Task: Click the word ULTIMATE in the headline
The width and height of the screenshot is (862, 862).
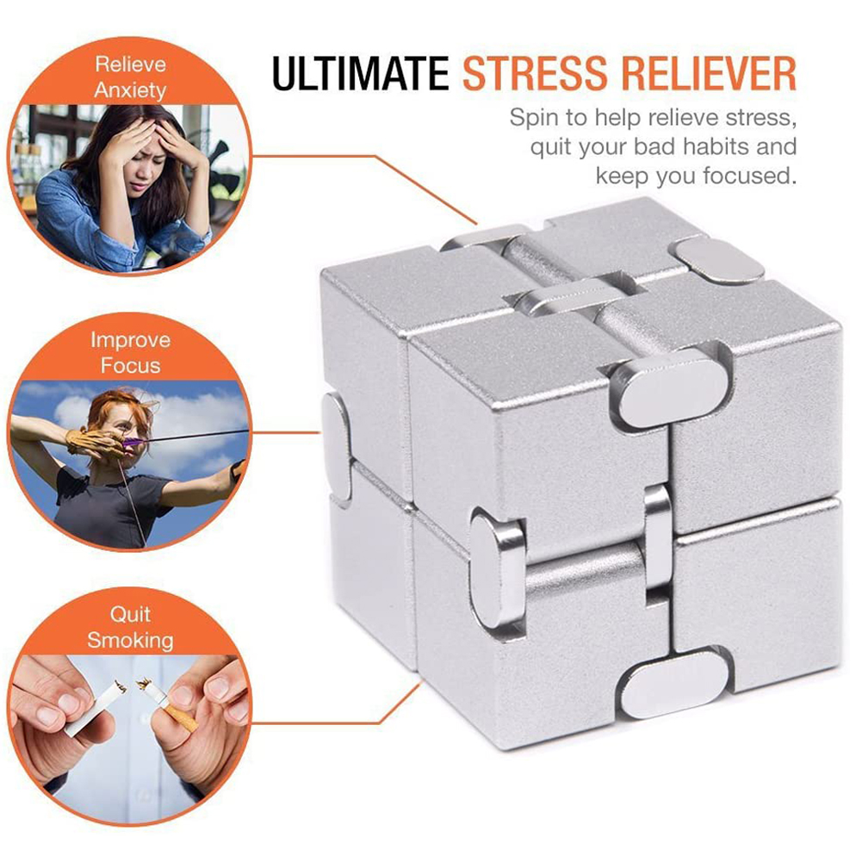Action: coord(361,72)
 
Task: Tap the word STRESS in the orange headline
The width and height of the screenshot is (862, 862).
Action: coord(535,72)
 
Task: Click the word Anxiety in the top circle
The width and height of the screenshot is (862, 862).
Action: coord(130,90)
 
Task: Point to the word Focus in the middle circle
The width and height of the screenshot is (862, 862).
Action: coord(130,366)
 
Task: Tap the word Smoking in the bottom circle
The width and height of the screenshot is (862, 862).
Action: coord(130,641)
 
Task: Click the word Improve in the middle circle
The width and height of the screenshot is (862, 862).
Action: coord(130,340)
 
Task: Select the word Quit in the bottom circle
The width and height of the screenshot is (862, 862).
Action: coord(130,614)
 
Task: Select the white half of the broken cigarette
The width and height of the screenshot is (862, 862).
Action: coord(95,710)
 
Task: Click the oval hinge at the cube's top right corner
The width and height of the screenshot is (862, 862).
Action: coord(718,261)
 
